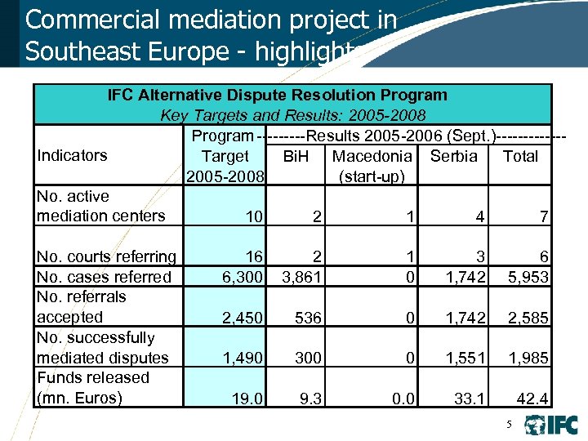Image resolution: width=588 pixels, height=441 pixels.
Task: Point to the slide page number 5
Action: tap(509, 425)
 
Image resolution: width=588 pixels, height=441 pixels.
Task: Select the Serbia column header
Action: tap(453, 156)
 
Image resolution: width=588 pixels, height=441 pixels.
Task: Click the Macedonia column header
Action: tap(372, 156)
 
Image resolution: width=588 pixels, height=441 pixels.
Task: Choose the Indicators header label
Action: tap(72, 156)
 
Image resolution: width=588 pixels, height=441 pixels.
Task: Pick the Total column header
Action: tap(520, 156)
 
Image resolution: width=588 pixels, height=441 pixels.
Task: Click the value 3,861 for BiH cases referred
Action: tap(301, 277)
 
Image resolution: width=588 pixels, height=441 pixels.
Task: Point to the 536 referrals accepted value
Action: tap(308, 318)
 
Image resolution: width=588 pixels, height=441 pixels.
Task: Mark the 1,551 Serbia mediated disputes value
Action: tap(465, 358)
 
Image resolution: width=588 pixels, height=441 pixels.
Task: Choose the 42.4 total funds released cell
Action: tap(532, 399)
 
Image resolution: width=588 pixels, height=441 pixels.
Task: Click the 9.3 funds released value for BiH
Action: tap(311, 399)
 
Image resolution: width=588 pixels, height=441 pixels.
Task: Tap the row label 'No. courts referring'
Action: tap(106, 257)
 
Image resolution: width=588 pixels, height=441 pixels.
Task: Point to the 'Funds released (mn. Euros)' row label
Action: tap(93, 387)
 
